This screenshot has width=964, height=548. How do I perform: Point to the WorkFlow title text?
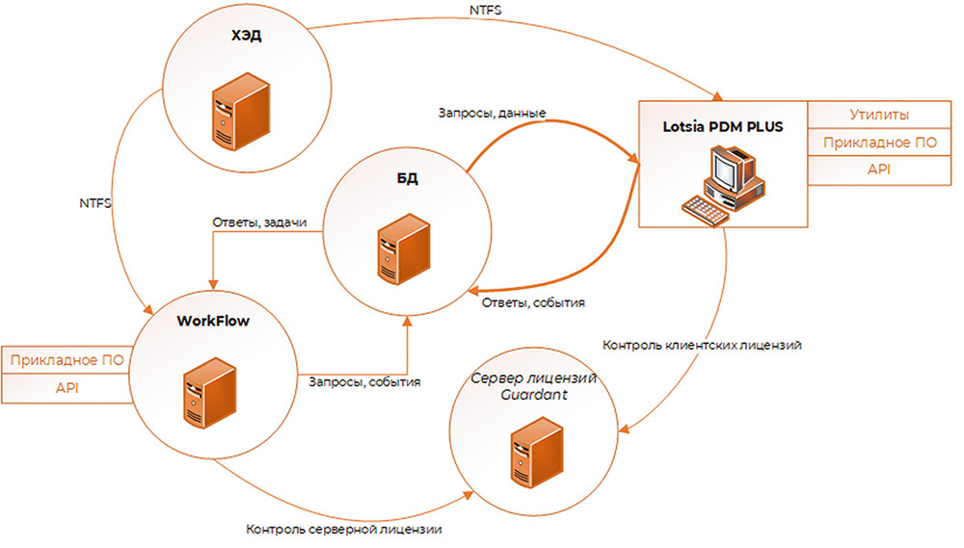[213, 321]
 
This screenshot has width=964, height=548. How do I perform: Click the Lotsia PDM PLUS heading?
[722, 127]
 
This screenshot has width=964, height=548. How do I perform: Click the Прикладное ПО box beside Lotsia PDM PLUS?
[878, 143]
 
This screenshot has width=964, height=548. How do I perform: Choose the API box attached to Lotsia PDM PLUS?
[878, 170]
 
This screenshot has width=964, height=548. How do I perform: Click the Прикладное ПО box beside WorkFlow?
[66, 360]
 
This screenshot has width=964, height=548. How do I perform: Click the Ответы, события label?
[532, 301]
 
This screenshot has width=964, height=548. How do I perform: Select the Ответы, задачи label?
[259, 222]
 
